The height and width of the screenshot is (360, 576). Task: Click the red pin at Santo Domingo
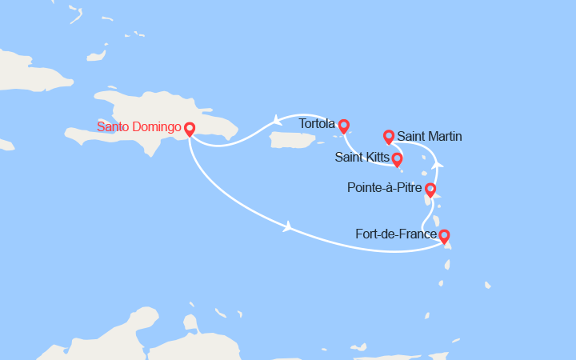click(190, 129)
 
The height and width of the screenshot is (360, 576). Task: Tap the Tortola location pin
click(344, 126)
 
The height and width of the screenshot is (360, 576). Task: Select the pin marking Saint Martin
click(389, 137)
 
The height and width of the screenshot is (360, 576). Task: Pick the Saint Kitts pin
click(397, 160)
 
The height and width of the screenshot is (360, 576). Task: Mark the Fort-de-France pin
click(444, 236)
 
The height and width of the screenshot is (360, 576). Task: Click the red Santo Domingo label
click(139, 127)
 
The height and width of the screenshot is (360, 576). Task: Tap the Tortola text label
click(317, 125)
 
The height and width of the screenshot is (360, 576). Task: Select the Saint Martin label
click(430, 137)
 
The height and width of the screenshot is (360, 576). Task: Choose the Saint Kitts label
click(362, 158)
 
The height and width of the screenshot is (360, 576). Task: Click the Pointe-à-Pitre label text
click(386, 190)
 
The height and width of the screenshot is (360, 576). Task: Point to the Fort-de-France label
click(396, 234)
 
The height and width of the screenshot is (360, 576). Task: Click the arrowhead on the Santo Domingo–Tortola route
click(277, 121)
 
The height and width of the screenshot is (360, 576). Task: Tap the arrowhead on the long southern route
click(287, 227)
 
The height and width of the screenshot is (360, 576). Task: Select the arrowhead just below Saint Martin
click(436, 164)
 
